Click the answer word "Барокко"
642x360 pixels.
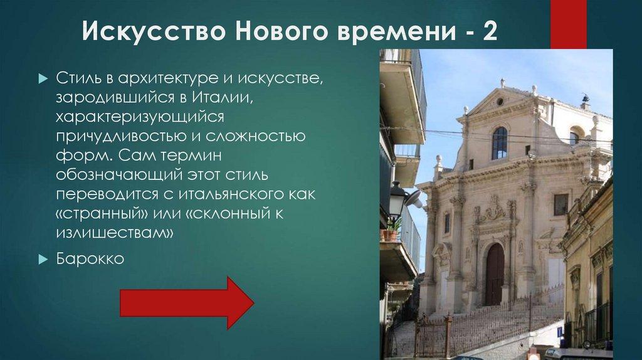pyautogui.click(x=90, y=258)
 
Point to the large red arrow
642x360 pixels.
pyautogui.click(x=186, y=303)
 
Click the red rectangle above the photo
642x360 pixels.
pyautogui.click(x=568, y=24)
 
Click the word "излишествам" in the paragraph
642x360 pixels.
pyautogui.click(x=113, y=233)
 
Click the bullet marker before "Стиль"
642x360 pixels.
pyautogui.click(x=43, y=79)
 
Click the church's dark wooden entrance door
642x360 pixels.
pyautogui.click(x=495, y=274)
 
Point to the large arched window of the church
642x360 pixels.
pyautogui.click(x=500, y=143)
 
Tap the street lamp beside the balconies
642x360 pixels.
pyautogui.click(x=398, y=199)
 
